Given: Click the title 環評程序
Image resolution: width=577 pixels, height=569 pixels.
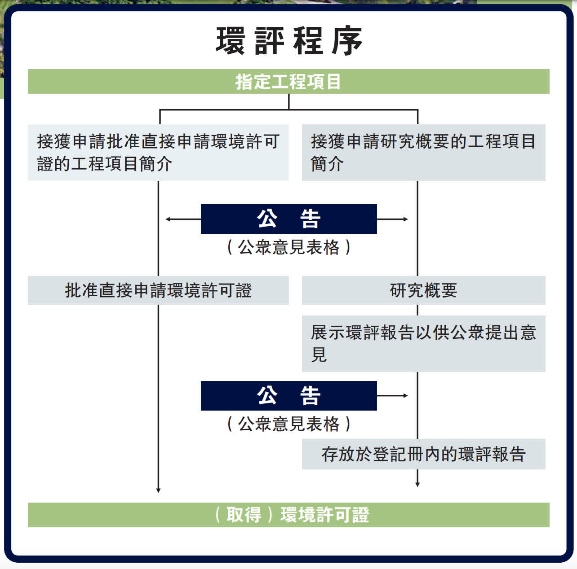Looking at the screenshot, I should (288, 41).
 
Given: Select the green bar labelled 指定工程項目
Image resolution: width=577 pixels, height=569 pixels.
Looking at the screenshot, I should (288, 82).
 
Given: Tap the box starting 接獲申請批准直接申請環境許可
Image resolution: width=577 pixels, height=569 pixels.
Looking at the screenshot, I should (158, 153).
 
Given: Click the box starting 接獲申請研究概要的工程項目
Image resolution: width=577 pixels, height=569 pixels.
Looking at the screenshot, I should (423, 153).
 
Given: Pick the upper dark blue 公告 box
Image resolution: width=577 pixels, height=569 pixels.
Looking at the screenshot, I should (288, 219).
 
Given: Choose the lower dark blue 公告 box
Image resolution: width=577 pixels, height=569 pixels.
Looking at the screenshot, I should (288, 396).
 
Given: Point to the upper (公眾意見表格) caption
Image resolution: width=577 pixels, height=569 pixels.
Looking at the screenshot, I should (288, 247).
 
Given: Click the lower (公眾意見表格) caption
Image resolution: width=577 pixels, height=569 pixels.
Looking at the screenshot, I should (288, 424).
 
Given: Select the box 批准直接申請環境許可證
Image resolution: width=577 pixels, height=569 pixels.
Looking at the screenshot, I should (158, 290).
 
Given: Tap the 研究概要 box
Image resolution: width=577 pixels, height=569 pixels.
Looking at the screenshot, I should (423, 290).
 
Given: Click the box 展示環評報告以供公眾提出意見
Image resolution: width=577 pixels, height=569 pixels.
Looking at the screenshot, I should (423, 344).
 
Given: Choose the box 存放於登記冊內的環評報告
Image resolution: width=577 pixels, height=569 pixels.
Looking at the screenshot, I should (423, 454).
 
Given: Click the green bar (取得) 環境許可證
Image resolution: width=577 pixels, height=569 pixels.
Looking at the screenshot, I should (288, 515).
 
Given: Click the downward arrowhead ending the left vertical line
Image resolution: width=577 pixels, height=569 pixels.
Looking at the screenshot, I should (158, 490).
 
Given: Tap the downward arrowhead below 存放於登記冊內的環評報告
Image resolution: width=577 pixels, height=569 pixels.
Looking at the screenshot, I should (417, 484).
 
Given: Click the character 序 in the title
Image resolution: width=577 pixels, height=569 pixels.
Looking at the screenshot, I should (347, 41).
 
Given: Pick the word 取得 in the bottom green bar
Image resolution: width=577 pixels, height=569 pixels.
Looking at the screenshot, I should (244, 515).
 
